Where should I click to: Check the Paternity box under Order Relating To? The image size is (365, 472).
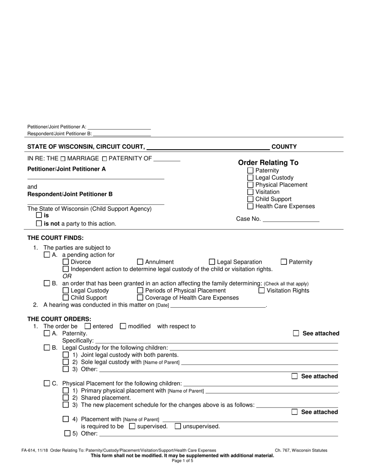251,170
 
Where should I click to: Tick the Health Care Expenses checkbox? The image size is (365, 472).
251,206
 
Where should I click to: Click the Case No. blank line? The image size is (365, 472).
291,219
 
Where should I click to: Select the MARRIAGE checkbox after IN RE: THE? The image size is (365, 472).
63,158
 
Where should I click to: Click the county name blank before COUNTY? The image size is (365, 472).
208,147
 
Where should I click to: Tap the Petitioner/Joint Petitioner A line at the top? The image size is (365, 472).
119,127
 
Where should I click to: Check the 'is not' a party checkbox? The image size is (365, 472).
39,223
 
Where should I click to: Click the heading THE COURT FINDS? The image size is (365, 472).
55,238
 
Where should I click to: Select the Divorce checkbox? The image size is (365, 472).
66,262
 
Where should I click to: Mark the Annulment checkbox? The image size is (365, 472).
140,262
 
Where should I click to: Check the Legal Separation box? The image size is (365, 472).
212,262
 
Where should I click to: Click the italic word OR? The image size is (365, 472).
67,276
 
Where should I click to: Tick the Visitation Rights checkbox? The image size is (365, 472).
262,290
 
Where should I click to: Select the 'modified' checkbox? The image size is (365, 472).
123,326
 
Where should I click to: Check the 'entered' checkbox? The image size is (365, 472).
88,326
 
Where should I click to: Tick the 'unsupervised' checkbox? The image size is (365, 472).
178,426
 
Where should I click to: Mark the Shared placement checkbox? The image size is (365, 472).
66,398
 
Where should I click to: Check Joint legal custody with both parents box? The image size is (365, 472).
66,355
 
